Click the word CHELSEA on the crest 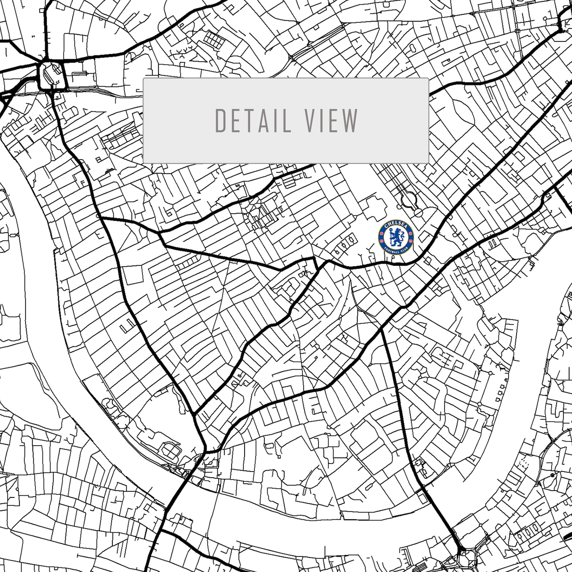(396, 225)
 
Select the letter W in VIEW (351, 121)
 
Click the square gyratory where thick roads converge (53, 75)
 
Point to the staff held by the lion (400, 234)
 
